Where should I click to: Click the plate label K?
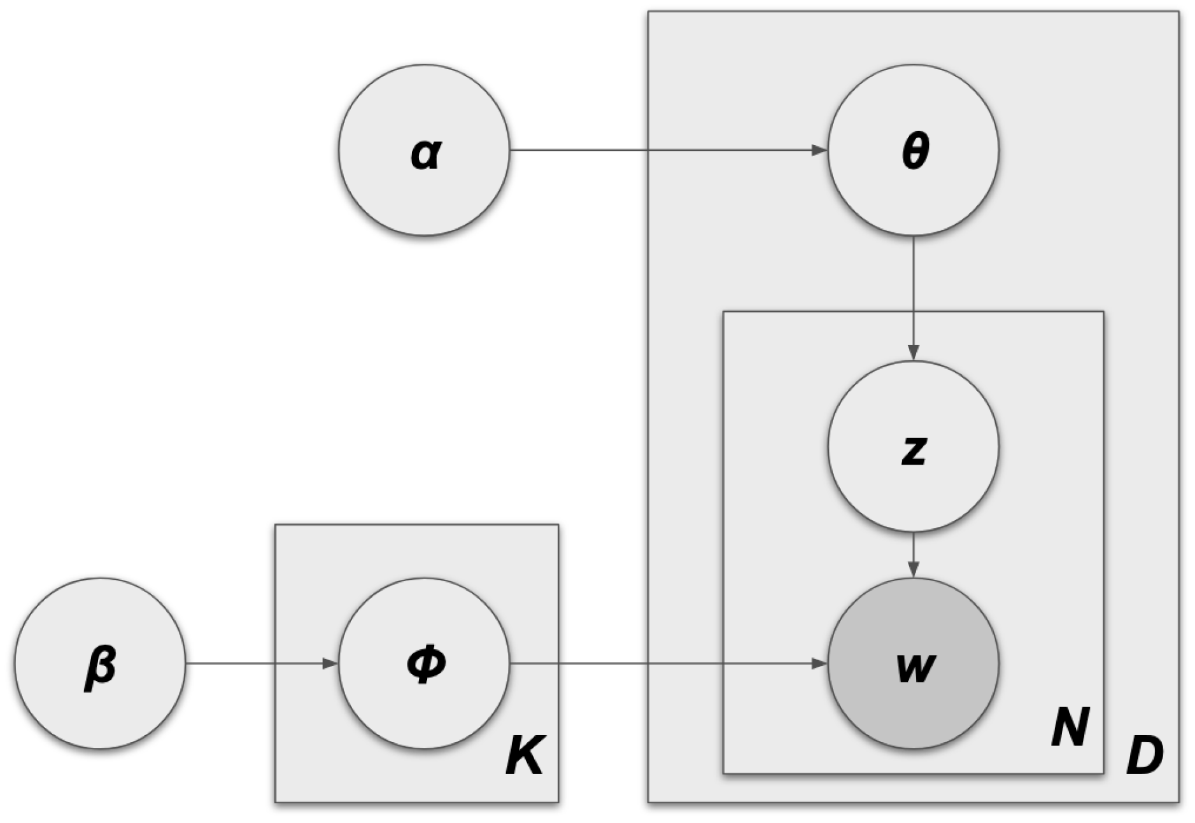(525, 756)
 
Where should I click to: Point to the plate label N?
(1070, 728)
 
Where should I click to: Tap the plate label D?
(1144, 756)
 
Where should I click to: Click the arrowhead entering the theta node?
(819, 151)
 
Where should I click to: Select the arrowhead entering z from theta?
(913, 352)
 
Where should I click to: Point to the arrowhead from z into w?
(913, 569)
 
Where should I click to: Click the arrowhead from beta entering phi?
(330, 663)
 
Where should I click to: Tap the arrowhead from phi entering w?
(819, 663)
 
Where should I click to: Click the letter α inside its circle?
(425, 153)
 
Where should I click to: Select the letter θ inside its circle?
(915, 151)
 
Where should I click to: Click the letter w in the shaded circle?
(915, 668)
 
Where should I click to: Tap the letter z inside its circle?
(914, 449)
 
